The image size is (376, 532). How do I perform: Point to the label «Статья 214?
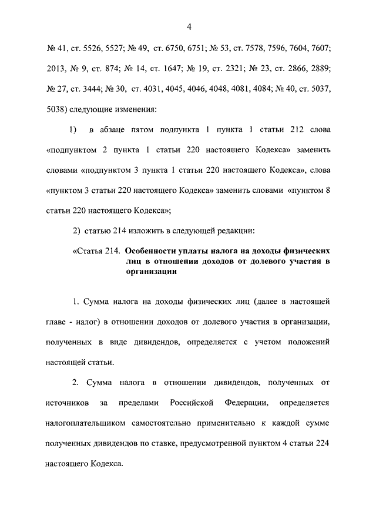click(x=98, y=251)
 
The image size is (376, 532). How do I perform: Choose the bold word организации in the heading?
click(x=151, y=271)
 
